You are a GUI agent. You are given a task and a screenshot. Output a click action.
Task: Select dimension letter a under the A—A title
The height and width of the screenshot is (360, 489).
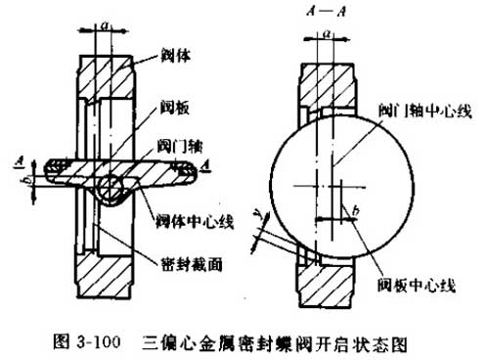click(x=334, y=32)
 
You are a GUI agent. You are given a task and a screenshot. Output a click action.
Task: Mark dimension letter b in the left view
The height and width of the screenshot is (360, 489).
click(x=29, y=184)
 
